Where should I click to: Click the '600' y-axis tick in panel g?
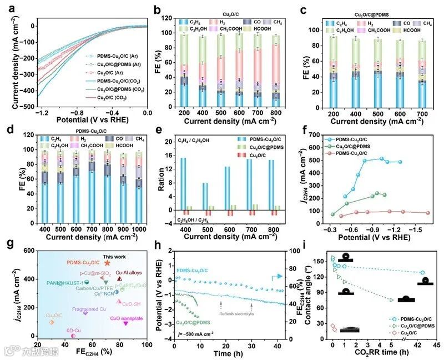(24, 251)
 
